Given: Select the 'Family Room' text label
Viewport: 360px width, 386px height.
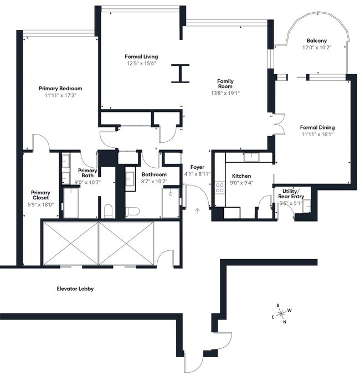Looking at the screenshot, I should (x=225, y=84).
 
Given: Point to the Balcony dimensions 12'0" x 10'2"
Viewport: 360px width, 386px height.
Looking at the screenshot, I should (x=317, y=48).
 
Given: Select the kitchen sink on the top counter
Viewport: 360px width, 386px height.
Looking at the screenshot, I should (x=251, y=157).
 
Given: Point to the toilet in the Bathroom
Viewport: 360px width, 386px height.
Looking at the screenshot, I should (x=133, y=210).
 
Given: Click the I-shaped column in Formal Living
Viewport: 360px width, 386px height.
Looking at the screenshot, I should (x=180, y=73).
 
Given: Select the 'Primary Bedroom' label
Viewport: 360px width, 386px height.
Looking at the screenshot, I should (x=60, y=89).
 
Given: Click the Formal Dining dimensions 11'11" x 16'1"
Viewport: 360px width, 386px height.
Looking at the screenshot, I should (x=318, y=135).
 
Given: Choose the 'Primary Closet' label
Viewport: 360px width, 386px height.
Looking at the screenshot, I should (x=40, y=195).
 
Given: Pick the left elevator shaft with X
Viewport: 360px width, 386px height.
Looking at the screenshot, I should (x=70, y=243).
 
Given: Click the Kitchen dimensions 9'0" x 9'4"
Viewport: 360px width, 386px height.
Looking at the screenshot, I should (x=242, y=183).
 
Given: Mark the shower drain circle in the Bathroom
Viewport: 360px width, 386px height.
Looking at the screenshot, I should (x=171, y=194).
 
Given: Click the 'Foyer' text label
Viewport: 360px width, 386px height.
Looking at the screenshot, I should (x=197, y=167).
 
